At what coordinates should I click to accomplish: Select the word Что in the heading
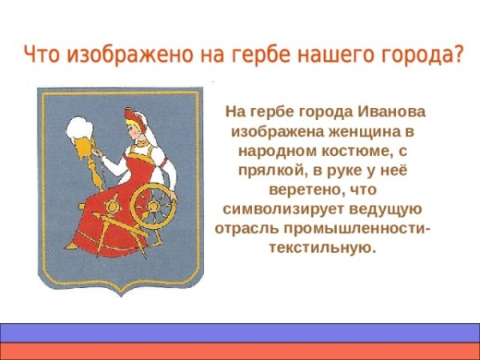point(40,55)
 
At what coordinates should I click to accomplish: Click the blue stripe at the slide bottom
point(240,333)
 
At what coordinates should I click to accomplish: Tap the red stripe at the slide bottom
point(240,351)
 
